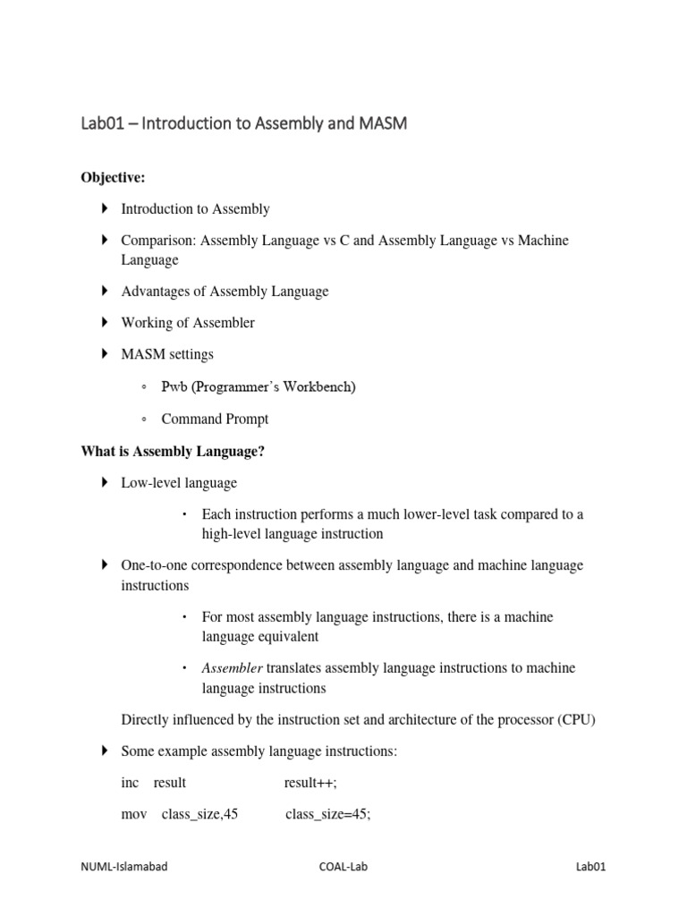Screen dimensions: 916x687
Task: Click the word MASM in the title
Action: pyautogui.click(x=380, y=124)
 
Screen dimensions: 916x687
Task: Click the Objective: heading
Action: pyautogui.click(x=113, y=178)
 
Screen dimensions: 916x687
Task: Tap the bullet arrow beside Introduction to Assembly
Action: pyautogui.click(x=104, y=208)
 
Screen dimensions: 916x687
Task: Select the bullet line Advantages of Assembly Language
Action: pyautogui.click(x=225, y=291)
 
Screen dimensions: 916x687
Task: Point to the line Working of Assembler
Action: pyautogui.click(x=188, y=322)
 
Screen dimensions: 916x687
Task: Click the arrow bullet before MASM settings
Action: pyautogui.click(x=104, y=354)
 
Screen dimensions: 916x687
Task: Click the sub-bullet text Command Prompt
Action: pyautogui.click(x=215, y=419)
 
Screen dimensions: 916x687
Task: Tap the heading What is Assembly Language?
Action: pyautogui.click(x=173, y=452)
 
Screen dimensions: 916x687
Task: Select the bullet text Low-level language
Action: pyautogui.click(x=179, y=483)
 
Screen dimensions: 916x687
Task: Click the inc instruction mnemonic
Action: pyautogui.click(x=131, y=783)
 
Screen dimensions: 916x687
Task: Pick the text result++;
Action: pyautogui.click(x=311, y=783)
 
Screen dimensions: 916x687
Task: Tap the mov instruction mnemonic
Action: pyautogui.click(x=133, y=814)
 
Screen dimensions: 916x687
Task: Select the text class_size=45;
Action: pyautogui.click(x=327, y=814)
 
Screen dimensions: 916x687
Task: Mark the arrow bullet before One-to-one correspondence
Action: pyautogui.click(x=104, y=565)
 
